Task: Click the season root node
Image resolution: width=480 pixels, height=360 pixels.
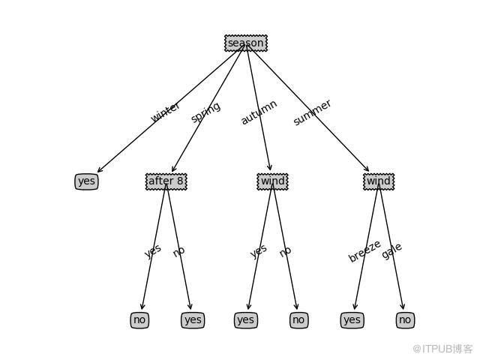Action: point(246,43)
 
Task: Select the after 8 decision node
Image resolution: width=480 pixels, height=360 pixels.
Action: point(166,181)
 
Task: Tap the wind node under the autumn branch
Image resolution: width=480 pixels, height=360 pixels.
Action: point(272,181)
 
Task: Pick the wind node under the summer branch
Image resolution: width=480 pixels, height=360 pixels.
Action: point(379,181)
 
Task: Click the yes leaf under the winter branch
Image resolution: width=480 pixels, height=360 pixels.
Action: point(87,181)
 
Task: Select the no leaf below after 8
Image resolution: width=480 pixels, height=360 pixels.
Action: point(139,320)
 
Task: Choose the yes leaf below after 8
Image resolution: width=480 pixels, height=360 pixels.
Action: point(193,320)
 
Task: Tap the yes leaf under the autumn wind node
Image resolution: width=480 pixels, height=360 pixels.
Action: point(246,320)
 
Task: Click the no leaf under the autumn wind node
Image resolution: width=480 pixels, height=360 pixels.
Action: point(298,320)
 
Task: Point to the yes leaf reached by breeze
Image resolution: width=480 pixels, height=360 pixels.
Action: point(352,320)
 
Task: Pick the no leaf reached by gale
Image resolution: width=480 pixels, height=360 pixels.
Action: point(405,320)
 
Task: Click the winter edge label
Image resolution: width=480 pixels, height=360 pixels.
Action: point(165,112)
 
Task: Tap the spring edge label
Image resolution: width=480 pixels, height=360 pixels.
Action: point(205,112)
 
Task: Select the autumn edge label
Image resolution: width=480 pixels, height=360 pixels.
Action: point(259,112)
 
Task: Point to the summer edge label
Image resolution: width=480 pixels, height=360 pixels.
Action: point(312,112)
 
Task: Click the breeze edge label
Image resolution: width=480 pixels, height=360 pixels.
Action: point(365,251)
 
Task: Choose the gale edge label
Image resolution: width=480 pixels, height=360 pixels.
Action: point(391,251)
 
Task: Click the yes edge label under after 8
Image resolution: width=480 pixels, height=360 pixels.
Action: point(153,251)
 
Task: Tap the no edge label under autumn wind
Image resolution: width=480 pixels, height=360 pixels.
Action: point(285,252)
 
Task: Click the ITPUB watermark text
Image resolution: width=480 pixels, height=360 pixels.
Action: point(442,349)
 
